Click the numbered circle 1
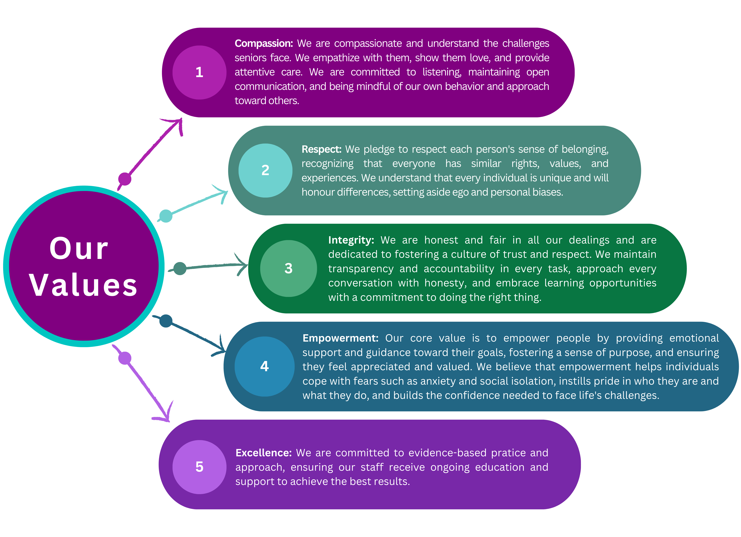[199, 72]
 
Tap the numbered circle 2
[265, 170]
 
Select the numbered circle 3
[288, 268]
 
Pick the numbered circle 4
[265, 367]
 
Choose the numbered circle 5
[199, 467]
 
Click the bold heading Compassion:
[264, 44]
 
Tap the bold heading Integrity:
[351, 240]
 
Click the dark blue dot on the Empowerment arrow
[166, 321]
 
